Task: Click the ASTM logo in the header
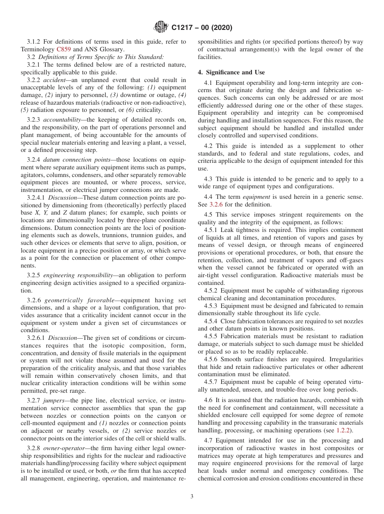click(x=161, y=28)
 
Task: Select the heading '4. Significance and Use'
click(x=231, y=72)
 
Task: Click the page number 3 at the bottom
click(x=192, y=497)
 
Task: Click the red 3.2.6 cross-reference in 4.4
click(x=216, y=204)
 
